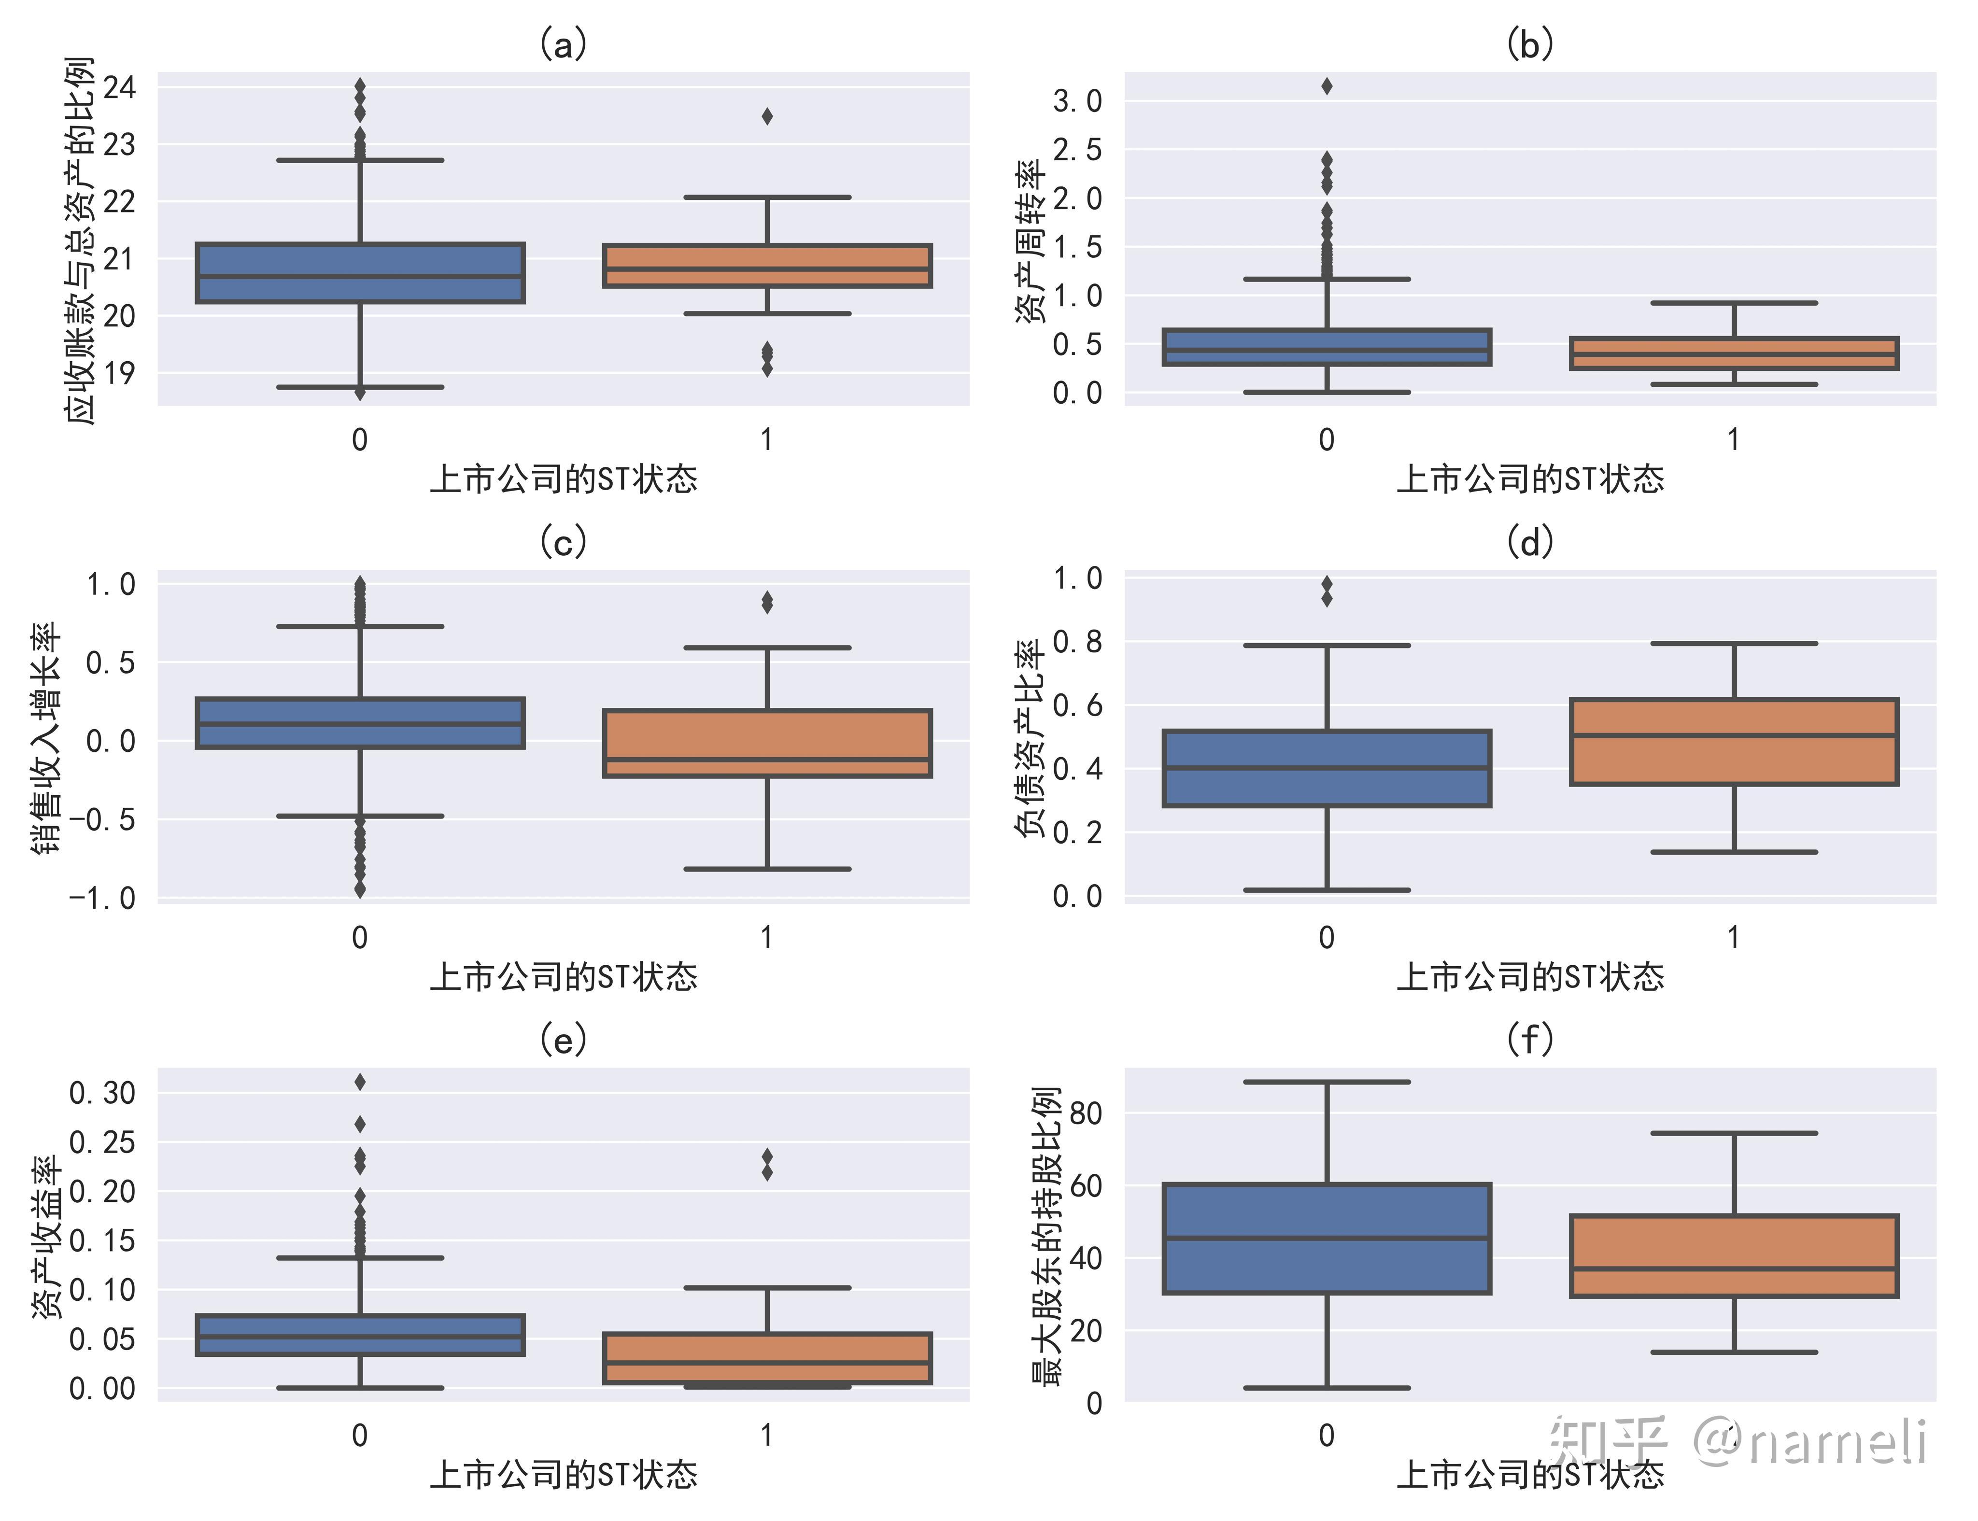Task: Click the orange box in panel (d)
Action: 1734,742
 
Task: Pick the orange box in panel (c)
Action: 767,743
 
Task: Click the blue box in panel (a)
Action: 360,272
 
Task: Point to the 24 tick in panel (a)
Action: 119,88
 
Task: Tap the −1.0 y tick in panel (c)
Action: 102,898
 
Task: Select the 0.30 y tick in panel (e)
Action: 102,1093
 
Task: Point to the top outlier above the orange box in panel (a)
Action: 767,116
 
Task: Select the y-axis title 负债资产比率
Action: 1030,738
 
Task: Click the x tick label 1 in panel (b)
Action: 1733,440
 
